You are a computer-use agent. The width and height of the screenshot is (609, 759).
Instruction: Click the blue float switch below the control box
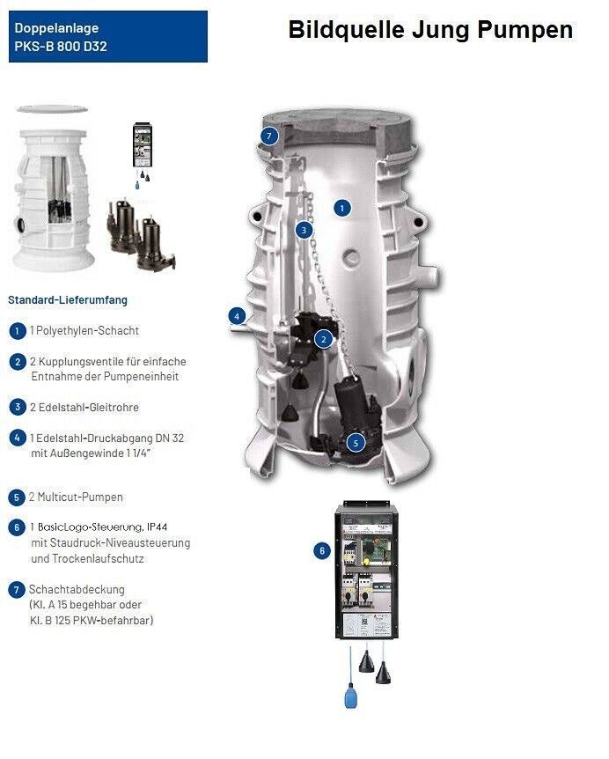click(x=350, y=695)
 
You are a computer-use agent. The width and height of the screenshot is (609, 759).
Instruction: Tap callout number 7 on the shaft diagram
click(x=269, y=136)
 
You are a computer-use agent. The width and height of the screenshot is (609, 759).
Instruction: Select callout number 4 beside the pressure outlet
click(x=237, y=317)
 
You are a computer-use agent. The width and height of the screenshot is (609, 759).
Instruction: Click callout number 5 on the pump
click(x=356, y=442)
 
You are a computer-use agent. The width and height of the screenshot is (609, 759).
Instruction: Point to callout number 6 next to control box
click(x=322, y=550)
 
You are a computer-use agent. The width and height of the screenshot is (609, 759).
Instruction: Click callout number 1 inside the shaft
click(x=342, y=209)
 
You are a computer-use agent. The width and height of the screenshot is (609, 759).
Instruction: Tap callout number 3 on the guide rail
click(x=304, y=230)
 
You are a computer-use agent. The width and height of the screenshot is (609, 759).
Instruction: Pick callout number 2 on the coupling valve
click(x=323, y=339)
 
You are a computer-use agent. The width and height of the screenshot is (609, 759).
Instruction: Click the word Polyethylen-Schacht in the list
click(x=87, y=331)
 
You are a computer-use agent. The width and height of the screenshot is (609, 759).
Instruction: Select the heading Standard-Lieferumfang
click(x=68, y=300)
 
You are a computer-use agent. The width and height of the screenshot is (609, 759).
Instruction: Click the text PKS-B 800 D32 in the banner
click(x=61, y=47)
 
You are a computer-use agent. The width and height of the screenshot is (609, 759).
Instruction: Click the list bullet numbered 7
click(x=17, y=590)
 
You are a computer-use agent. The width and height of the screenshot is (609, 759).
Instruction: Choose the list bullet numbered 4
click(x=18, y=438)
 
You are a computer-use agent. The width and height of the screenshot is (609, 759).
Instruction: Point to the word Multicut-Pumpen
click(x=80, y=497)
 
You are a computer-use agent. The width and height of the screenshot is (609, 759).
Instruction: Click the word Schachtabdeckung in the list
click(x=77, y=590)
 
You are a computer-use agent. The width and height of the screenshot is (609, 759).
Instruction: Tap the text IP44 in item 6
click(x=158, y=527)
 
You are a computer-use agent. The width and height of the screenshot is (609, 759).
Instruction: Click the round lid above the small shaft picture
click(x=52, y=109)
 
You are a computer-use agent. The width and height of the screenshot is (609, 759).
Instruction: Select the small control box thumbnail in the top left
click(x=143, y=145)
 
